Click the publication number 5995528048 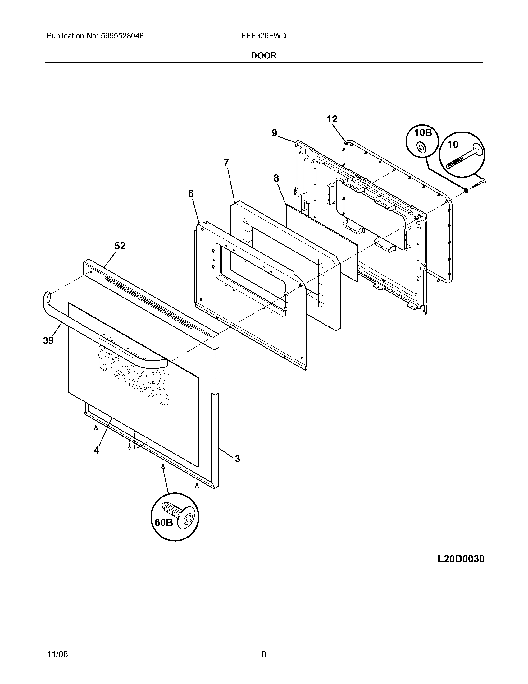point(122,36)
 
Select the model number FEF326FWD point(264,36)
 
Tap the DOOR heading point(264,56)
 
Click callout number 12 point(332,119)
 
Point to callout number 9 point(274,133)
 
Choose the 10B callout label point(423,133)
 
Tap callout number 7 point(226,163)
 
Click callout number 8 point(276,178)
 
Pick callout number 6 point(191,194)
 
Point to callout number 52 point(120,246)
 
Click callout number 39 point(48,340)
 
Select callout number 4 point(96,451)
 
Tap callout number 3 point(237,459)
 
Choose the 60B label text point(164,522)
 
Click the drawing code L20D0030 point(461,559)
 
